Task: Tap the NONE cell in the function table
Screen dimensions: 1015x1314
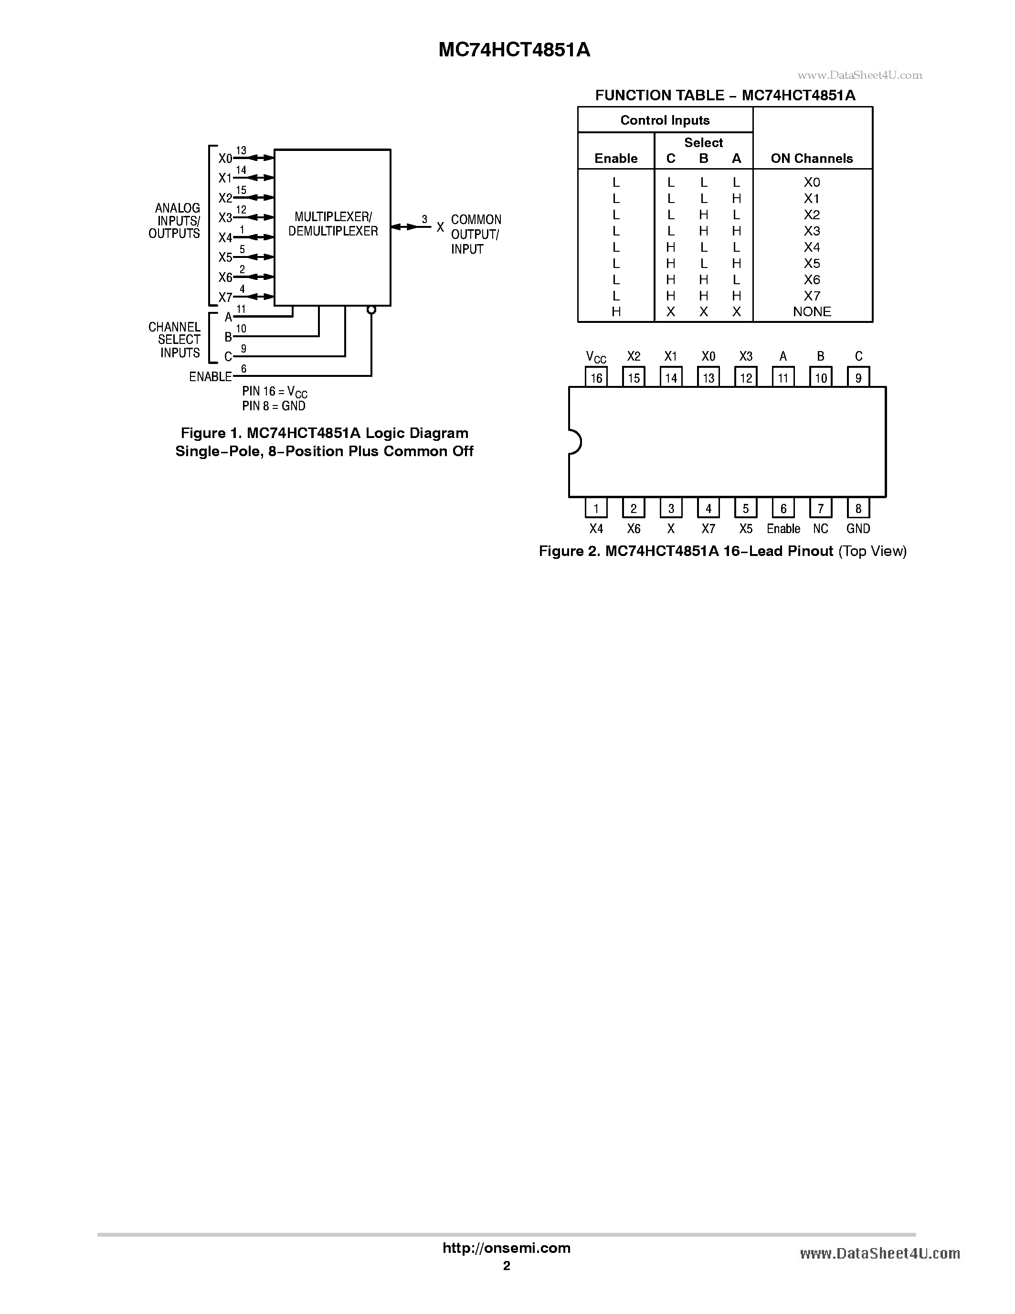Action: click(x=812, y=311)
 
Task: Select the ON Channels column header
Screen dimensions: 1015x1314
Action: click(x=812, y=158)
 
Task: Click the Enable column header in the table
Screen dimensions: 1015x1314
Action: click(x=616, y=158)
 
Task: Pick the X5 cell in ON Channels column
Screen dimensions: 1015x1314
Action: click(x=812, y=264)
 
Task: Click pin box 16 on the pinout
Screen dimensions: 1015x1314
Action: click(x=596, y=377)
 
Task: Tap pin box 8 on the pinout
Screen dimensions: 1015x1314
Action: click(x=858, y=508)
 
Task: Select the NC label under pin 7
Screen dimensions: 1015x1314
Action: click(x=821, y=529)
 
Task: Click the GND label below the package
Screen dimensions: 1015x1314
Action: click(x=858, y=529)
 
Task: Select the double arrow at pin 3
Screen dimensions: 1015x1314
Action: click(x=403, y=227)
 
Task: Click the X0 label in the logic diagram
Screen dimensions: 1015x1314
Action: click(x=225, y=158)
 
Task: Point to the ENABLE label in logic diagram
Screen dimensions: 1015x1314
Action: click(x=211, y=377)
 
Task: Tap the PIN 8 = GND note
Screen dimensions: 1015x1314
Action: click(x=274, y=406)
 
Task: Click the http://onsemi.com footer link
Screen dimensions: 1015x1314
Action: click(x=506, y=1248)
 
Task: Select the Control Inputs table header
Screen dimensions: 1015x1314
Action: click(x=665, y=120)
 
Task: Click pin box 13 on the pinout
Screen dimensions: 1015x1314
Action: click(x=708, y=377)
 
